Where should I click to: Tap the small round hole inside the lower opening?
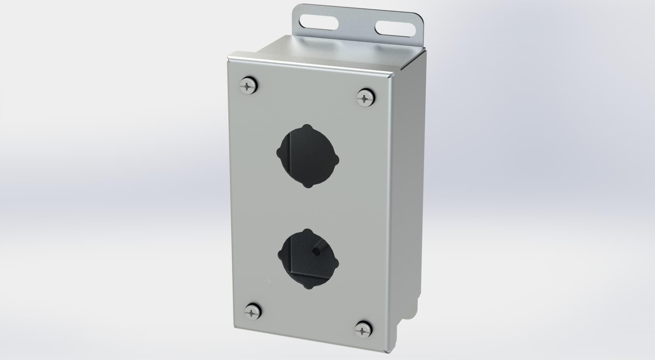[316, 251]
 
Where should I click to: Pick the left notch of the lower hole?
[280, 255]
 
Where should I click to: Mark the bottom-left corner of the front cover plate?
[234, 328]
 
